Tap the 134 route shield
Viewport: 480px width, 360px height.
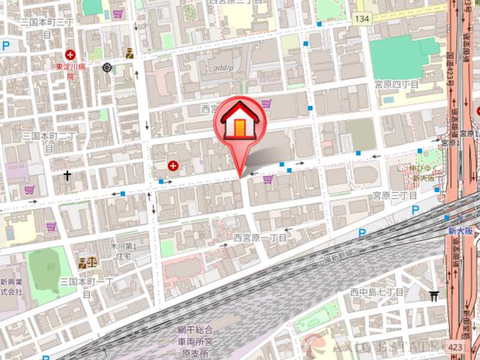(361, 19)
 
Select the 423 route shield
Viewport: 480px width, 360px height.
(455, 347)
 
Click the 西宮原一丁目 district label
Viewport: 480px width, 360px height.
(260, 238)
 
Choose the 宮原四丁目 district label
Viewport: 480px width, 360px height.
(396, 83)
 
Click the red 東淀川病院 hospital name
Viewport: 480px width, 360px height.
(70, 71)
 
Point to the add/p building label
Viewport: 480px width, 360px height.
(223, 67)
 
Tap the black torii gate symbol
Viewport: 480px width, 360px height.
(434, 295)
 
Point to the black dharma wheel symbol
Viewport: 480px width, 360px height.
(107, 68)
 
